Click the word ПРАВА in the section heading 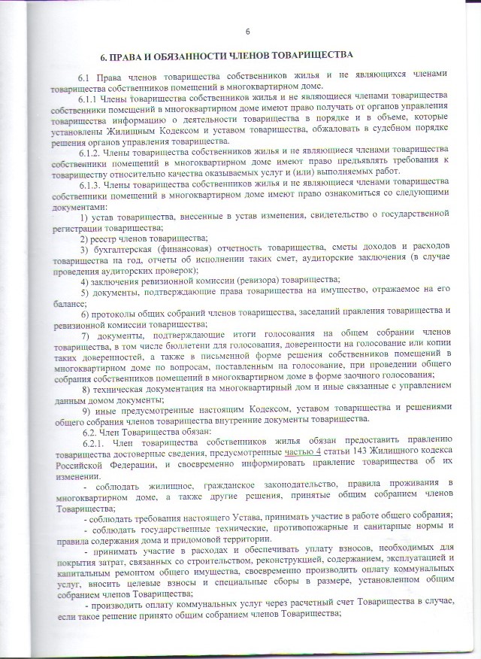[x=132, y=57]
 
